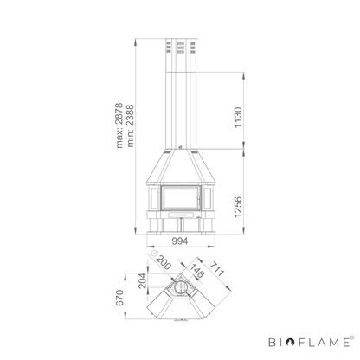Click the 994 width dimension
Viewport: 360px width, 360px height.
[x=179, y=241]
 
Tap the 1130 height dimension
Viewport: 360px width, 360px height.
[x=238, y=118]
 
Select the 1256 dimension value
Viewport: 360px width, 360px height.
[x=238, y=207]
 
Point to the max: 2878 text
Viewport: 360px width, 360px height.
[x=119, y=125]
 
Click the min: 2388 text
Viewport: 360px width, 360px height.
[x=131, y=125]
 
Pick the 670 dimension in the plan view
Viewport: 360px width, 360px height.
[x=119, y=298]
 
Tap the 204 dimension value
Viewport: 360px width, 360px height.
[x=142, y=280]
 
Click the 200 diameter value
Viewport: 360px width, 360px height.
[x=164, y=262]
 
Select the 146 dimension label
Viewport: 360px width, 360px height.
[x=196, y=271]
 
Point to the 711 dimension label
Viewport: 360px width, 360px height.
[x=216, y=268]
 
